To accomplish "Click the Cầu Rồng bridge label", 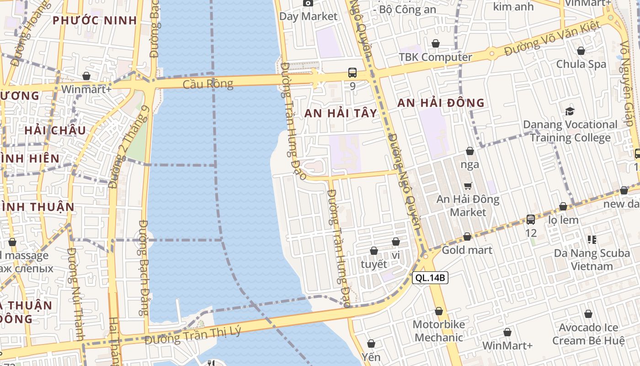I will [x=208, y=84].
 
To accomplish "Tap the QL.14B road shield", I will [x=430, y=278].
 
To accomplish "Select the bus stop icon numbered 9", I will [x=352, y=72].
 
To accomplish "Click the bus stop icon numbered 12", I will [x=530, y=220].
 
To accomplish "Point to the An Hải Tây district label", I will [x=341, y=113].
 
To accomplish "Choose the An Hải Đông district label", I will [x=441, y=103].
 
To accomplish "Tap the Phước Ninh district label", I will [x=95, y=21].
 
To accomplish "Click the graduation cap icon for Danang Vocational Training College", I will [x=570, y=111].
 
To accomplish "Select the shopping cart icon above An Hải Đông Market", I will [x=468, y=186].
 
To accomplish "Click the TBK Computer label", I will [x=435, y=57].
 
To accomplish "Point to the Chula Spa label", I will [x=581, y=64].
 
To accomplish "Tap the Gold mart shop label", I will [x=467, y=250].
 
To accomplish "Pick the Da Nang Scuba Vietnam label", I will [x=592, y=259].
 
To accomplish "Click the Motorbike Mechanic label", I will [x=438, y=331].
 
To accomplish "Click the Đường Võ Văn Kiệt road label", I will [x=552, y=39].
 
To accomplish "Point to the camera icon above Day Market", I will [x=308, y=3].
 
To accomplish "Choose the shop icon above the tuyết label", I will [x=374, y=251].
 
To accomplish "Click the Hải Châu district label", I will [x=55, y=130].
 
